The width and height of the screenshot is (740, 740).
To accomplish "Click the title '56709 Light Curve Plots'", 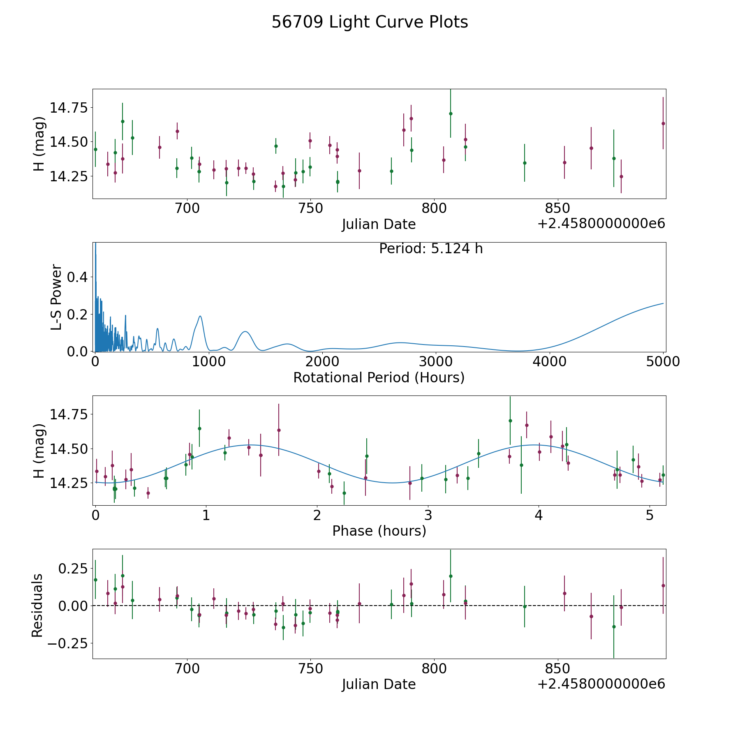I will pyautogui.click(x=370, y=22).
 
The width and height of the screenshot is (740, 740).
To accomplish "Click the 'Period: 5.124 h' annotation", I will pyautogui.click(x=431, y=249).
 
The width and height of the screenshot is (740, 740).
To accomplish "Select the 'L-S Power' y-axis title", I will pyautogui.click(x=57, y=297).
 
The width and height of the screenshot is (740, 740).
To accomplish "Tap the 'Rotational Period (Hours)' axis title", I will pyautogui.click(x=379, y=377).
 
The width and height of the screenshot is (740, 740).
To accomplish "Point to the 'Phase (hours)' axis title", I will pyautogui.click(x=379, y=531).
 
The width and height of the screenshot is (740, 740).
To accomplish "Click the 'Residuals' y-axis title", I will pyautogui.click(x=37, y=605).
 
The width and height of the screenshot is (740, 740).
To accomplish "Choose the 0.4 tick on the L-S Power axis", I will pyautogui.click(x=77, y=277).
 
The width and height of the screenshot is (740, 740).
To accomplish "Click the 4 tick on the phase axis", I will pyautogui.click(x=539, y=515).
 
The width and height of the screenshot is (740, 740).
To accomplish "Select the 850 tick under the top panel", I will pyautogui.click(x=557, y=208).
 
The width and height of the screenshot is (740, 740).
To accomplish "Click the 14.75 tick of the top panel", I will pyautogui.click(x=69, y=108).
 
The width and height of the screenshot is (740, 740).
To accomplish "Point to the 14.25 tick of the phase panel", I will pyautogui.click(x=69, y=483).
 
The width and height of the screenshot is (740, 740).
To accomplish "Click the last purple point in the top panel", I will pyautogui.click(x=663, y=123).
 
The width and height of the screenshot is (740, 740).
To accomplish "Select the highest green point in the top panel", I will pyautogui.click(x=451, y=113).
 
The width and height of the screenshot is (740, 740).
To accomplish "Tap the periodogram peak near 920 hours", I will pyautogui.click(x=200, y=316).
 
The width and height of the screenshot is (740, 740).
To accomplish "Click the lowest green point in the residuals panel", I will pyautogui.click(x=614, y=627).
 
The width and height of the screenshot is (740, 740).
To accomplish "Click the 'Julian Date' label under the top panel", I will pyautogui.click(x=379, y=224).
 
